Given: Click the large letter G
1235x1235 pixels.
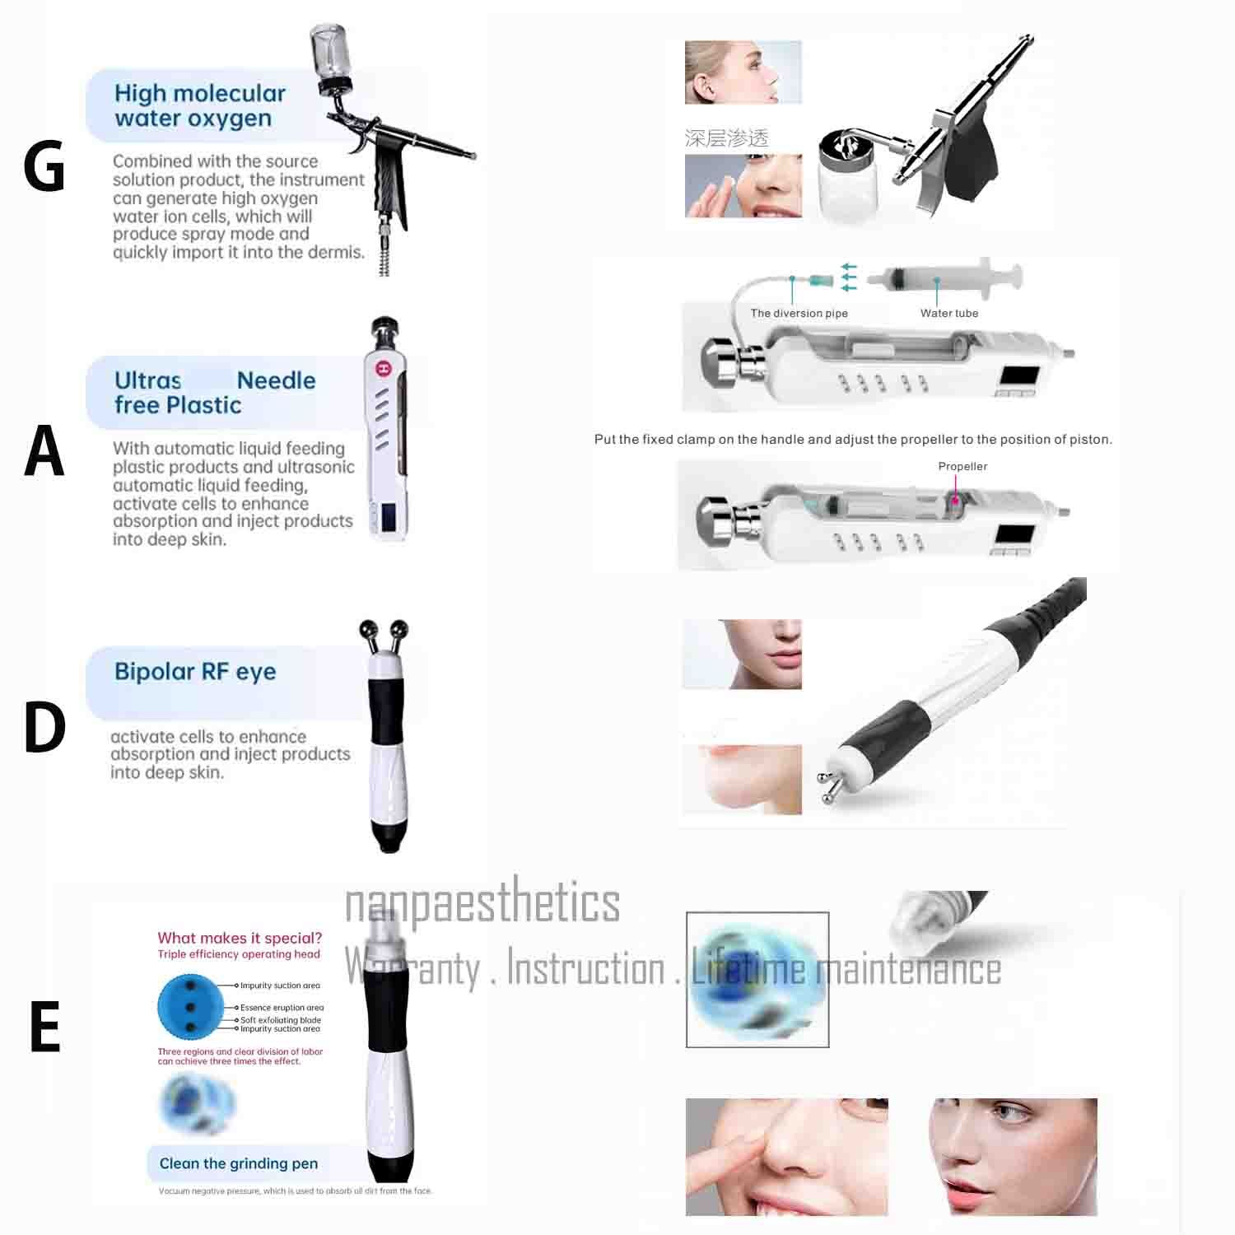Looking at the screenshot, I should tap(44, 165).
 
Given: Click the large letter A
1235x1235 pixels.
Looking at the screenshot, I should tap(44, 450).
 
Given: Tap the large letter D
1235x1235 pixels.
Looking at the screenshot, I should tap(44, 727).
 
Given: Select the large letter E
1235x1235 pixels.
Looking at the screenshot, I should tap(45, 1027).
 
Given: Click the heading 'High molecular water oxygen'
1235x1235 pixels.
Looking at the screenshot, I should tap(199, 105).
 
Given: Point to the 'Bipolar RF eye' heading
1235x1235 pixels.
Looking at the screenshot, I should tap(195, 672).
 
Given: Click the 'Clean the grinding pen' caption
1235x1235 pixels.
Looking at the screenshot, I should tap(238, 1163).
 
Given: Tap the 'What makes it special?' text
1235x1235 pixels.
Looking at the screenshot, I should tap(240, 938).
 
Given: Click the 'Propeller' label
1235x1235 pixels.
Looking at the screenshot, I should tap(962, 466).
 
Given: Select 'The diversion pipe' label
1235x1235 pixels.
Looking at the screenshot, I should tap(799, 313).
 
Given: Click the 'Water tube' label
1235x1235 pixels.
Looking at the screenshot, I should tap(949, 313).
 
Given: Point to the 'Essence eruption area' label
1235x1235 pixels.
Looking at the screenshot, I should tap(282, 1007).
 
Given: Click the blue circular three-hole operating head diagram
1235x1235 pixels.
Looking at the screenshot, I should tap(190, 1006).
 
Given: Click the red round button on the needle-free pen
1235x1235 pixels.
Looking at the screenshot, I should tap(383, 368).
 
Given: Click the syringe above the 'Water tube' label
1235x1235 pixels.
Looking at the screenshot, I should tap(947, 278).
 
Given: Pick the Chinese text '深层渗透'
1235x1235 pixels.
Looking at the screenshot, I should tap(726, 138).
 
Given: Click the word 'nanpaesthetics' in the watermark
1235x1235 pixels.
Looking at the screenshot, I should tap(482, 903).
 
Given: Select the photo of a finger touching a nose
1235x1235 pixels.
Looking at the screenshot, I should tap(786, 1156).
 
